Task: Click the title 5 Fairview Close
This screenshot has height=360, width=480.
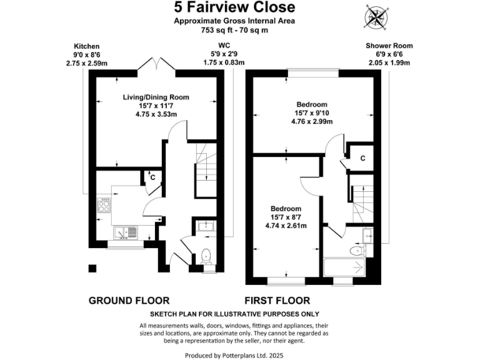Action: pos(235,7)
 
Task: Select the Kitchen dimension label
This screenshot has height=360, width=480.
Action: pos(87,55)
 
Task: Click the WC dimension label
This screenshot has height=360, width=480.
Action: pos(224,54)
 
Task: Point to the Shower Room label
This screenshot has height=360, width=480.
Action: pos(389,54)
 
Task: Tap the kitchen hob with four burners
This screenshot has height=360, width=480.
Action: pos(104,206)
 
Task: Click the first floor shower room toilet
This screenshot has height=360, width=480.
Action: pos(357,251)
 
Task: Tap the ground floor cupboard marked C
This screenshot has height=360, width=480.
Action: pos(152,177)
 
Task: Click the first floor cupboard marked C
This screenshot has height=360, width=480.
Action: pos(362,159)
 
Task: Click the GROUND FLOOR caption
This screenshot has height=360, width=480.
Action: pos(128,301)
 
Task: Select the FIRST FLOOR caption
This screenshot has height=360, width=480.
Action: pos(277,301)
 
